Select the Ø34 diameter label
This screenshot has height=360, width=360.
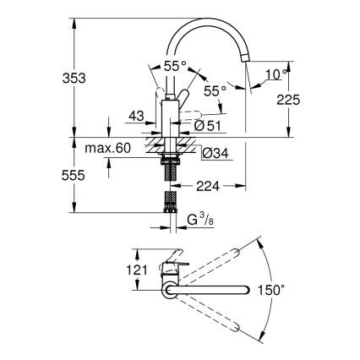tap(211, 153)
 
